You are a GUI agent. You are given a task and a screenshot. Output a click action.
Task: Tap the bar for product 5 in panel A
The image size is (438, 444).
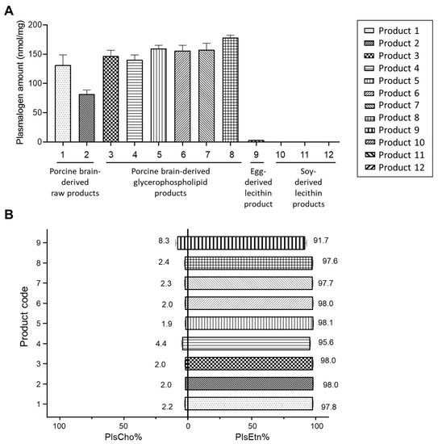click(x=160, y=95)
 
